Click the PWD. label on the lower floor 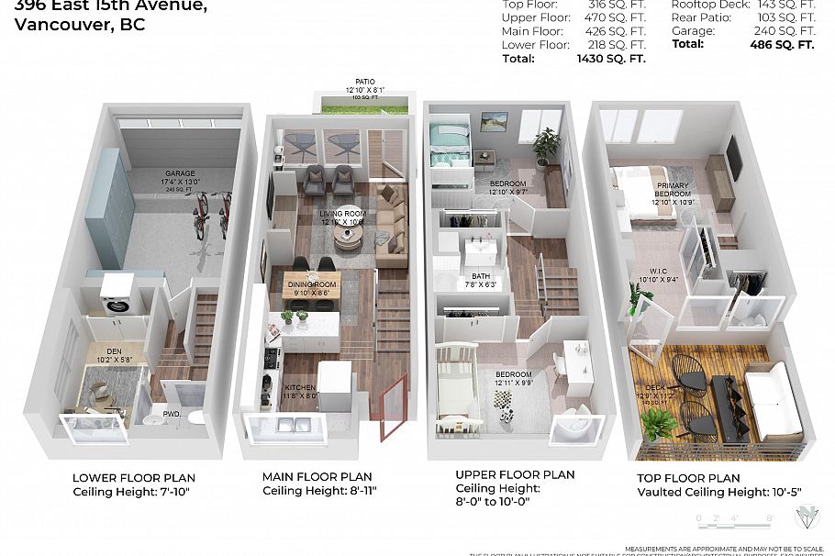(x=171, y=415)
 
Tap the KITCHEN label (x=300, y=387)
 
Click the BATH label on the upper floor (x=481, y=276)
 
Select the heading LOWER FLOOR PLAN (x=134, y=478)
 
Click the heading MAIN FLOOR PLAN (x=317, y=477)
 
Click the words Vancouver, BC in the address (x=80, y=26)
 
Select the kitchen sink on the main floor (x=292, y=423)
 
